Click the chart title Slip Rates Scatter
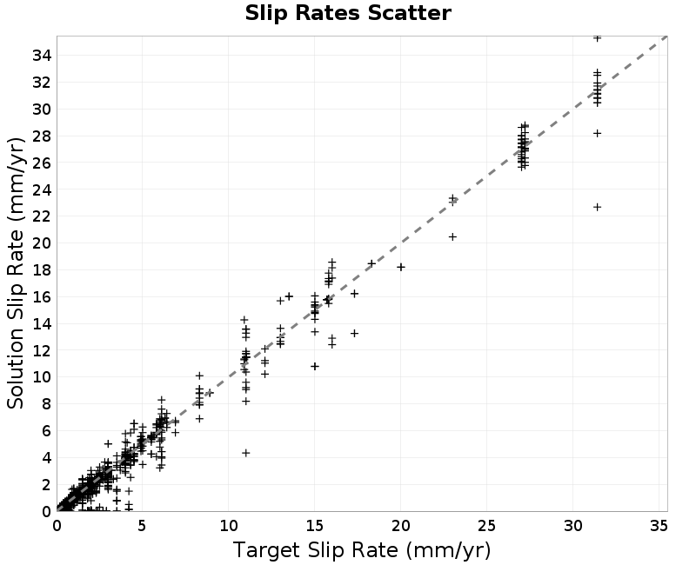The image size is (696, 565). tap(348, 13)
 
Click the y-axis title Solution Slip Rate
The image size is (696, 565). tap(16, 274)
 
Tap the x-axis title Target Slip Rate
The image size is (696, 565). tap(362, 550)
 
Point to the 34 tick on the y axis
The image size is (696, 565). tap(42, 56)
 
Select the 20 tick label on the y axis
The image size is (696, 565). tap(42, 243)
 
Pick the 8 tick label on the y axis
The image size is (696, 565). tap(47, 404)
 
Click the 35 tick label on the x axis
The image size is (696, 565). tap(659, 526)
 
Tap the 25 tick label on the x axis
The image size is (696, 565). tap(486, 526)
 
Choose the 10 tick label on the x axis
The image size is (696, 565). tap(229, 526)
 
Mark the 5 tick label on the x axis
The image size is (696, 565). tap(143, 526)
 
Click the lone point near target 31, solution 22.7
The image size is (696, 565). tap(598, 207)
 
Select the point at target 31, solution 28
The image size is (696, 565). tap(598, 134)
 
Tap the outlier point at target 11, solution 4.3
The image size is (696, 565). tap(246, 453)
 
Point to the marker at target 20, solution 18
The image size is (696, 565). tap(401, 267)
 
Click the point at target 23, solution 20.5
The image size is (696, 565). tap(452, 236)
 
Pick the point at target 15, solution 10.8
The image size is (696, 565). tap(315, 366)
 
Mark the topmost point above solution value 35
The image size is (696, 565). tap(598, 38)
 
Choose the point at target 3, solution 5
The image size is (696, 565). tap(108, 443)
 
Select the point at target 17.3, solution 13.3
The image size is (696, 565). tap(354, 333)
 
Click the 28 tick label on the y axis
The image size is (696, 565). tap(42, 136)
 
